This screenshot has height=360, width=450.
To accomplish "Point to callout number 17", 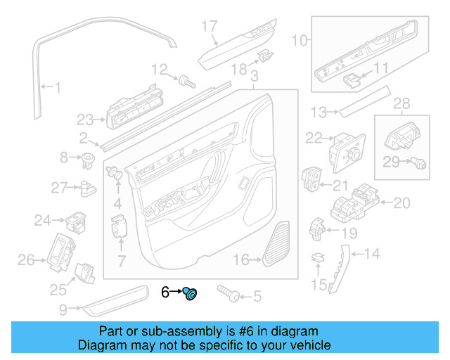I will coord(210,27).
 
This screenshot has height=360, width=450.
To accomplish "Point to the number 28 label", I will coord(401,104).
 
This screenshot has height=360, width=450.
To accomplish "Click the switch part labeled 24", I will coord(76,222).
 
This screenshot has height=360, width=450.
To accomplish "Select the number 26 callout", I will coord(26,261).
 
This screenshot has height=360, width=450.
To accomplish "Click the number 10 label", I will coord(300,41).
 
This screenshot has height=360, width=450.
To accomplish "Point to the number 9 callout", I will coord(63,308).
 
